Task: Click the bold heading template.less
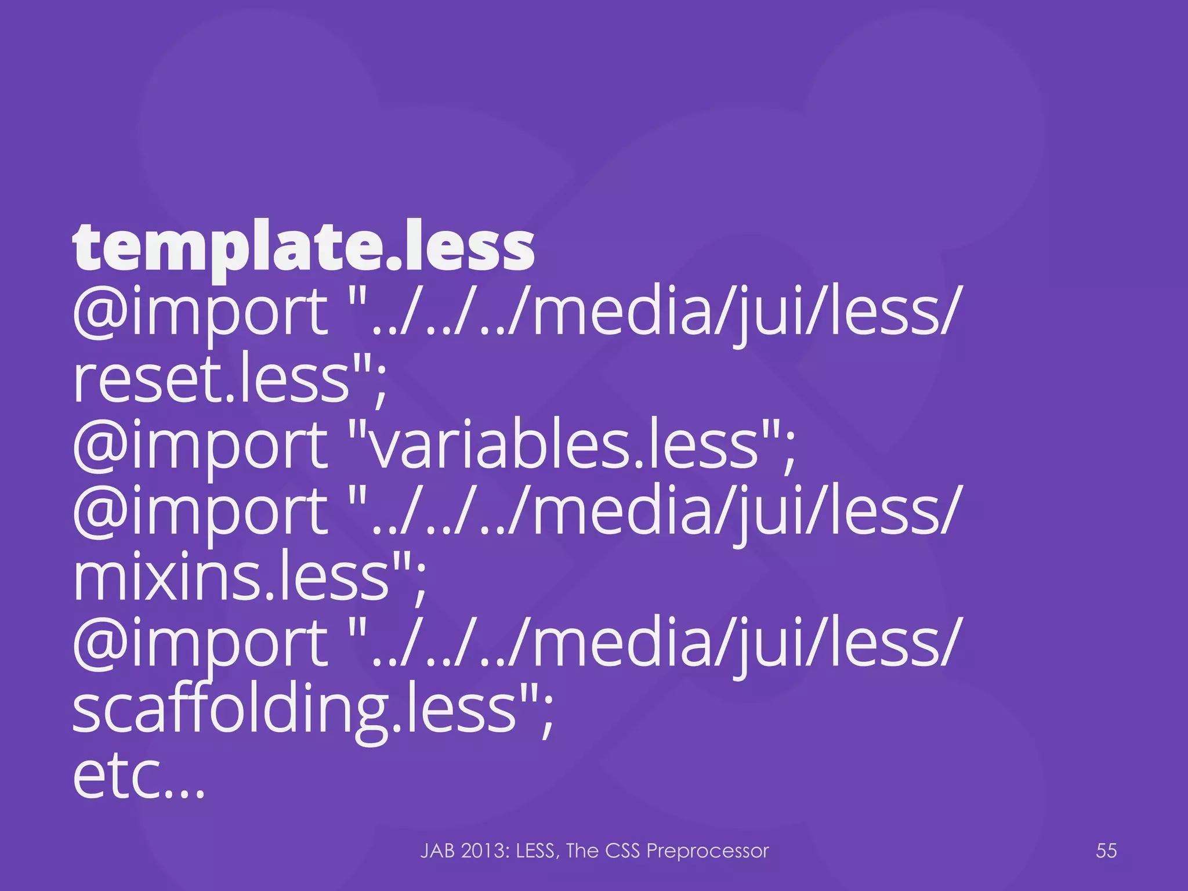click(303, 248)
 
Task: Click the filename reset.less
click(212, 381)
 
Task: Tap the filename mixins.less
click(231, 578)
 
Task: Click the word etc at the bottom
click(116, 777)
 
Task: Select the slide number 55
click(1106, 850)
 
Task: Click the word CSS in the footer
click(622, 850)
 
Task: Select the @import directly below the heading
click(200, 314)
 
